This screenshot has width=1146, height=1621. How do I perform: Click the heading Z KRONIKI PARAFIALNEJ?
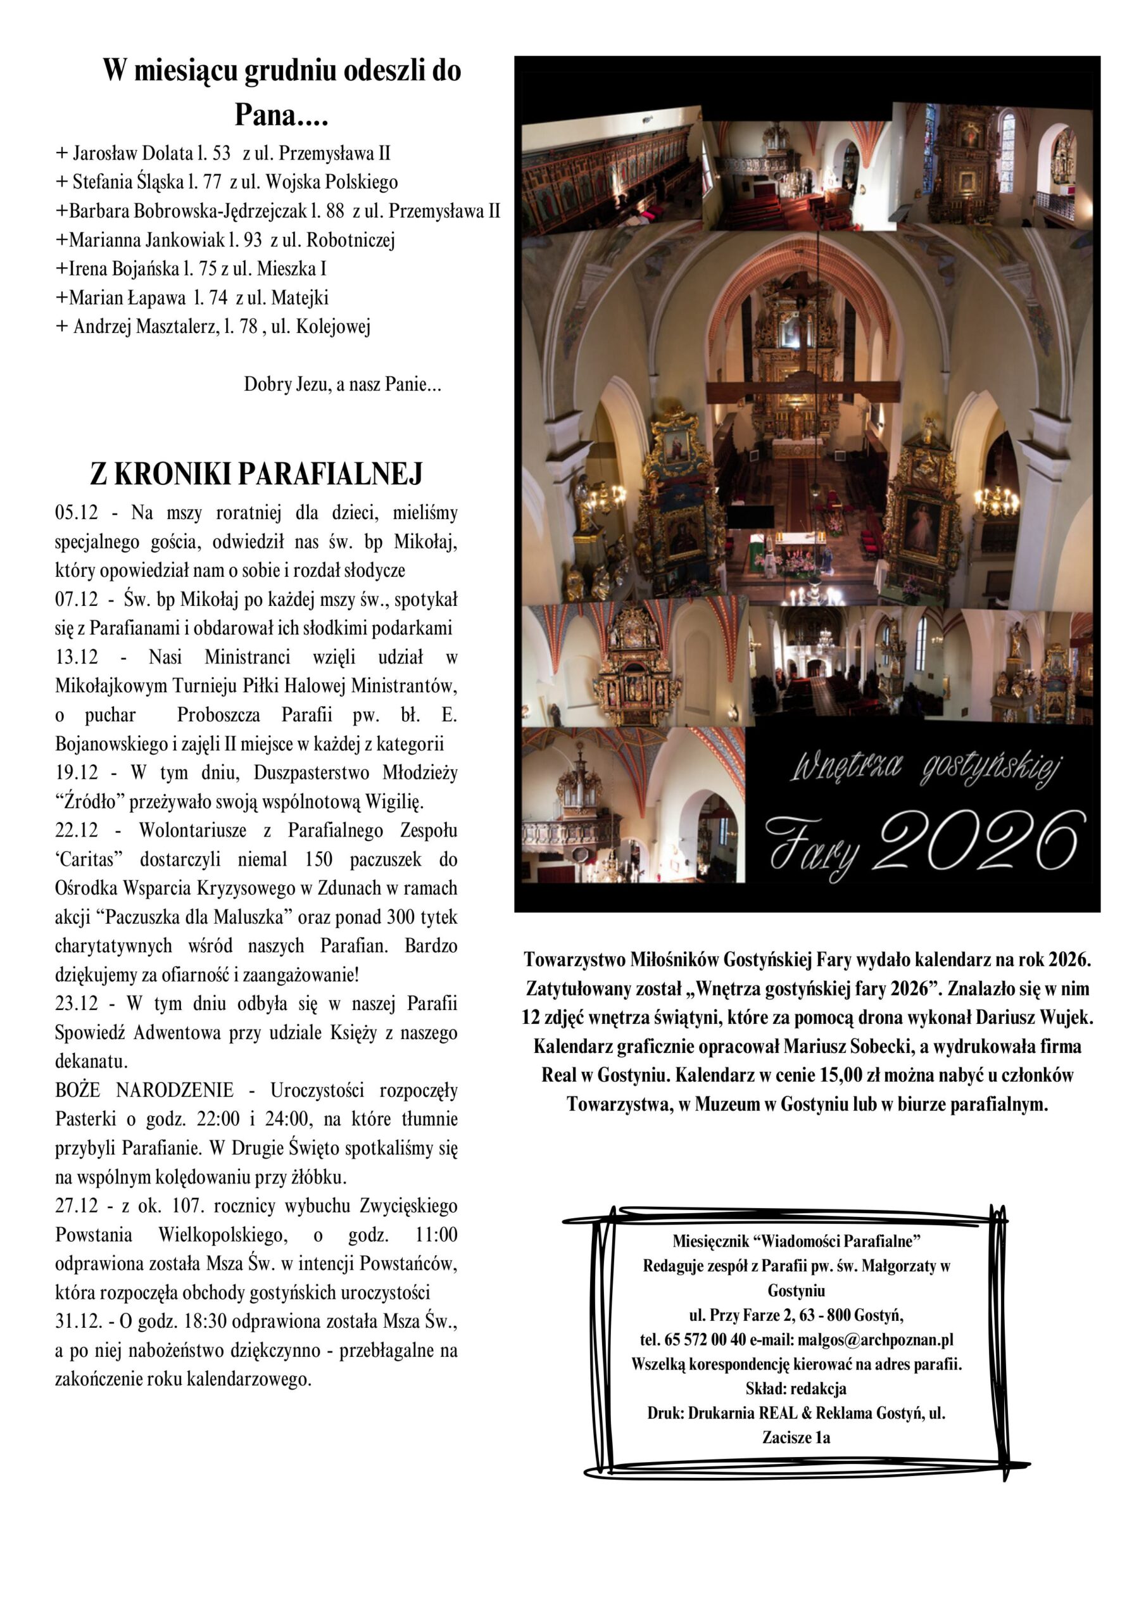[x=256, y=474]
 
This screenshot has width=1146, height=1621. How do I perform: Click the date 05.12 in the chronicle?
[x=75, y=512]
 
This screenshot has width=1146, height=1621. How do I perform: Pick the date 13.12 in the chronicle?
[x=76, y=657]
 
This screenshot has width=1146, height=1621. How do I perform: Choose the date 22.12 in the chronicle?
[x=76, y=830]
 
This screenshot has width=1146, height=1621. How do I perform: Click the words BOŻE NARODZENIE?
[x=144, y=1090]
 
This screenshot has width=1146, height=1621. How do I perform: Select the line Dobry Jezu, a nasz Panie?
[x=343, y=385]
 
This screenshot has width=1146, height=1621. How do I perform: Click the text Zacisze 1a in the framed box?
[x=796, y=1437]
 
